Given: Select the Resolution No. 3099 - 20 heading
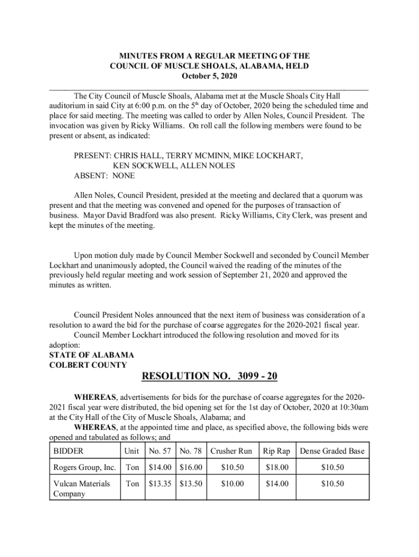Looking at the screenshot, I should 209,376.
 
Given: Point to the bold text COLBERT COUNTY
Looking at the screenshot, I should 88,365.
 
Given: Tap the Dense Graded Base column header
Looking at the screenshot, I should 332,451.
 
